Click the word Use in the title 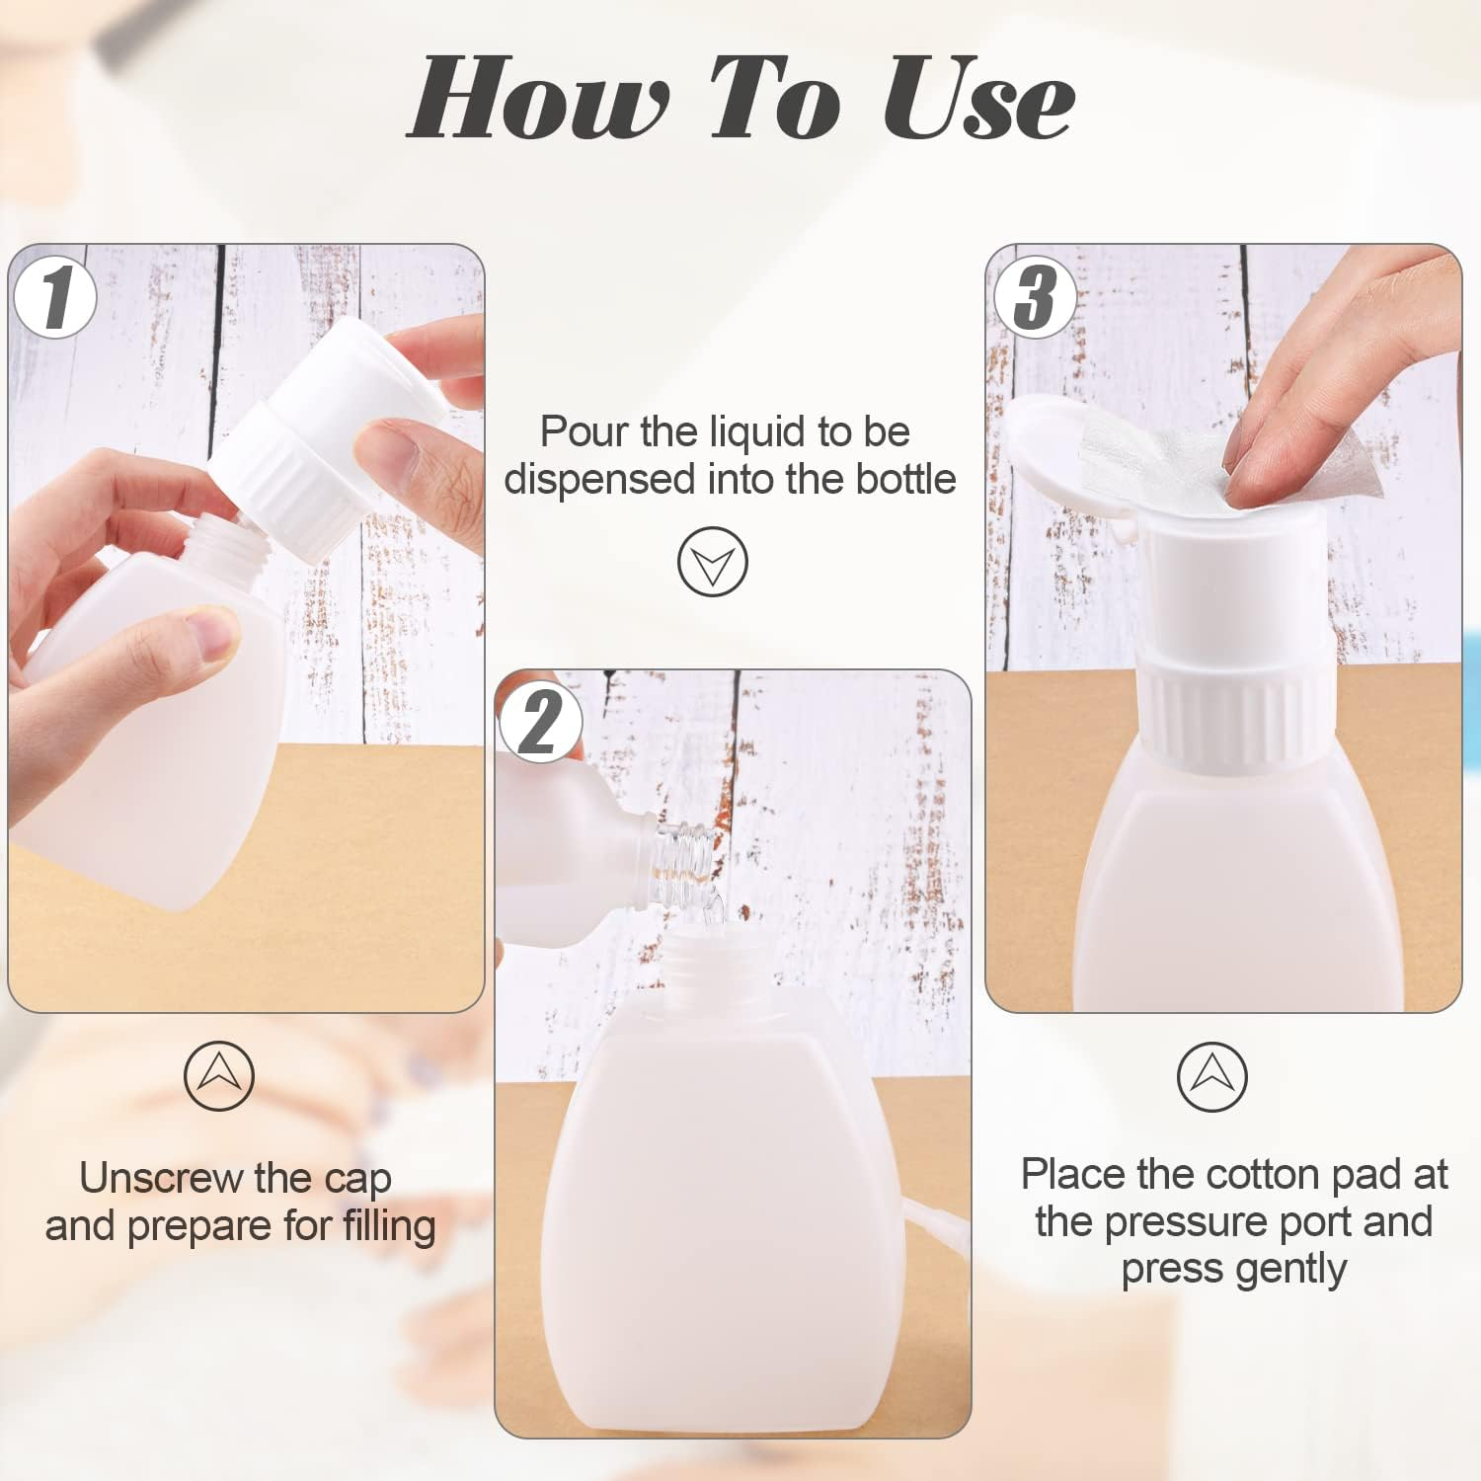977,99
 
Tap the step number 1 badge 56,297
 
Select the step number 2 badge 540,723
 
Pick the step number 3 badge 1034,297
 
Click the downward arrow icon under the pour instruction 713,562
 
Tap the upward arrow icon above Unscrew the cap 219,1075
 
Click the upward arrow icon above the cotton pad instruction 1211,1076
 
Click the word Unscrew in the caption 160,1178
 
